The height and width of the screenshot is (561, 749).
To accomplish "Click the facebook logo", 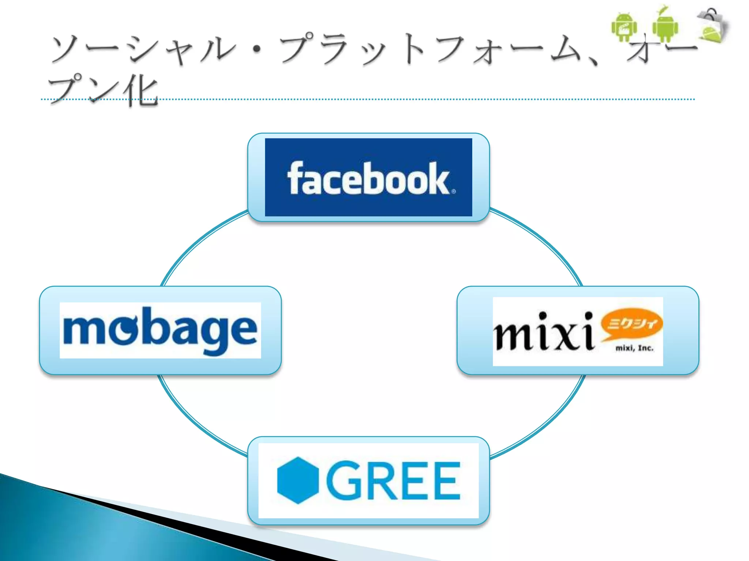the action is coord(368,178).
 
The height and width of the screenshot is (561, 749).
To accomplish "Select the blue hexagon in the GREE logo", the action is coord(298,480).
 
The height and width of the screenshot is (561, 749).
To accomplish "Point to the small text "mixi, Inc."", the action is coord(634,348).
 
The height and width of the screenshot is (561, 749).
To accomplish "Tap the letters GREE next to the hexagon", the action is coord(393,480).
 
